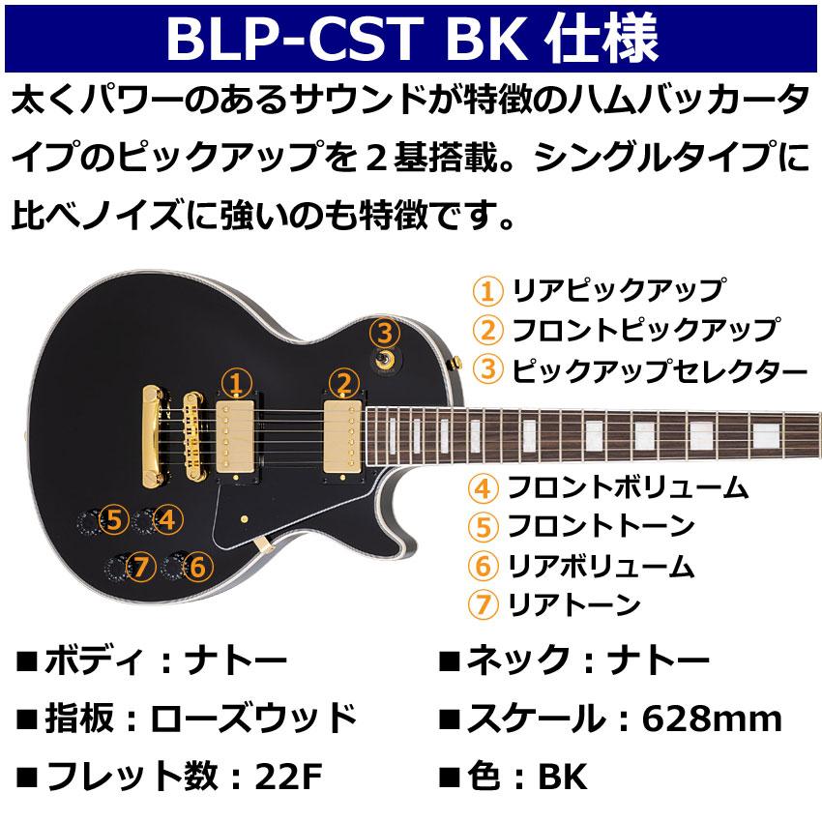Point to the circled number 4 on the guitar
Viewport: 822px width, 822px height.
click(167, 520)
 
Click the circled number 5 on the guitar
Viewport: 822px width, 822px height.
click(114, 520)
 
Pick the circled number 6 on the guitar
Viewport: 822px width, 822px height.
click(196, 566)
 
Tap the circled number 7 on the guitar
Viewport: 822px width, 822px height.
click(143, 566)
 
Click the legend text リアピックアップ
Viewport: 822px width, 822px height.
click(617, 289)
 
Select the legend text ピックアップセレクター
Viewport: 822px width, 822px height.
click(658, 369)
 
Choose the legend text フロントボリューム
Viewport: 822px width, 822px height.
click(628, 486)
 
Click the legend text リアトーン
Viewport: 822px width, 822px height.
click(574, 605)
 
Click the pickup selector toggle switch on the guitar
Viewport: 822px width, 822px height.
click(387, 360)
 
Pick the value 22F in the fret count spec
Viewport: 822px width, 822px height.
click(287, 776)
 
